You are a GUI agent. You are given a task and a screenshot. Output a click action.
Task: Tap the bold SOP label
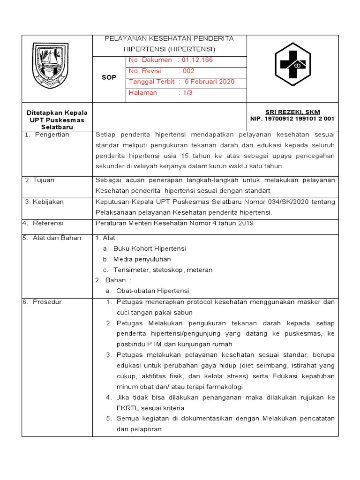[109, 77]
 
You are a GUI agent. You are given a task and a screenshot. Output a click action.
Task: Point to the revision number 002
[188, 71]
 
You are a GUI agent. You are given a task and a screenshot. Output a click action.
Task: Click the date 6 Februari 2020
[209, 82]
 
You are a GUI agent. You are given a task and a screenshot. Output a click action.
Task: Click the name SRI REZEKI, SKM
[286, 112]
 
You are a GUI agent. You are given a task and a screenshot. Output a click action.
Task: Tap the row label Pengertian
[52, 135]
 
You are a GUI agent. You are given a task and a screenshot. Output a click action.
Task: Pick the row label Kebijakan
[48, 202]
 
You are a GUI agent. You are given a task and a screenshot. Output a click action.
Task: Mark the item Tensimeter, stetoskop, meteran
[163, 270]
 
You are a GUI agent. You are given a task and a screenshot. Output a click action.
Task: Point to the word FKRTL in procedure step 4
[125, 408]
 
